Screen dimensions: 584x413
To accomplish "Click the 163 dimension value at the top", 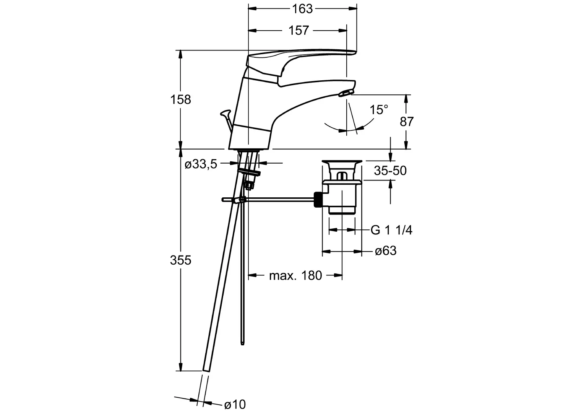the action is pos(302,9).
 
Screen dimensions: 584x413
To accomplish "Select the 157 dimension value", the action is pos(298,31).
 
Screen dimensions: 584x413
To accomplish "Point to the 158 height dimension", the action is pos(180,99).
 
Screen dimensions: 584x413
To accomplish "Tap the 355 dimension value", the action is pos(180,260).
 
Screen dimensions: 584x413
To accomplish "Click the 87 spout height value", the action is pos(407,122).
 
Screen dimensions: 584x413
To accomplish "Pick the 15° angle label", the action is pos(379,110).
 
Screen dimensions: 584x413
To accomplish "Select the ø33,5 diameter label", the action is pos(201,164).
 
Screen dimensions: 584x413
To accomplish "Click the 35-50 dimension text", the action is pos(390,171).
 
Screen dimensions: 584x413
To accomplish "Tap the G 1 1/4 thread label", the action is pos(392,230).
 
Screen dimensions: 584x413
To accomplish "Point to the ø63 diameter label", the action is pos(386,251).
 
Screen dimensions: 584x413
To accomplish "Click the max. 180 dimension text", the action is pos(295,275).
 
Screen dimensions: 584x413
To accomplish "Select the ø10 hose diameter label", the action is pos(235,405).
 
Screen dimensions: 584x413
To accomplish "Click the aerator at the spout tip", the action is pos(346,93).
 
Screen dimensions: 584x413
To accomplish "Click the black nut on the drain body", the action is pos(318,200).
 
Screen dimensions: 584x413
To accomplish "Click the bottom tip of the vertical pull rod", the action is pos(242,345).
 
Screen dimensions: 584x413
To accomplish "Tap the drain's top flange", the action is pos(342,162).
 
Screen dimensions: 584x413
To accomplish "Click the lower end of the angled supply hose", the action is pos(206,370).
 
